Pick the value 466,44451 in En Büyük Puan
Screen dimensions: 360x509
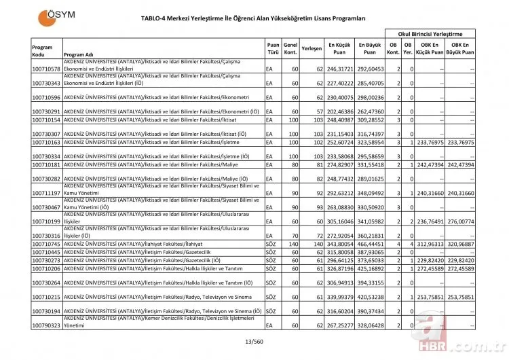point(371,243)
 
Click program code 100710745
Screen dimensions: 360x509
point(46,243)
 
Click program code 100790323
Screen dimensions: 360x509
point(46,325)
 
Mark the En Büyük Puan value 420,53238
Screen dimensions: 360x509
point(371,297)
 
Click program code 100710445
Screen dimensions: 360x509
point(46,251)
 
